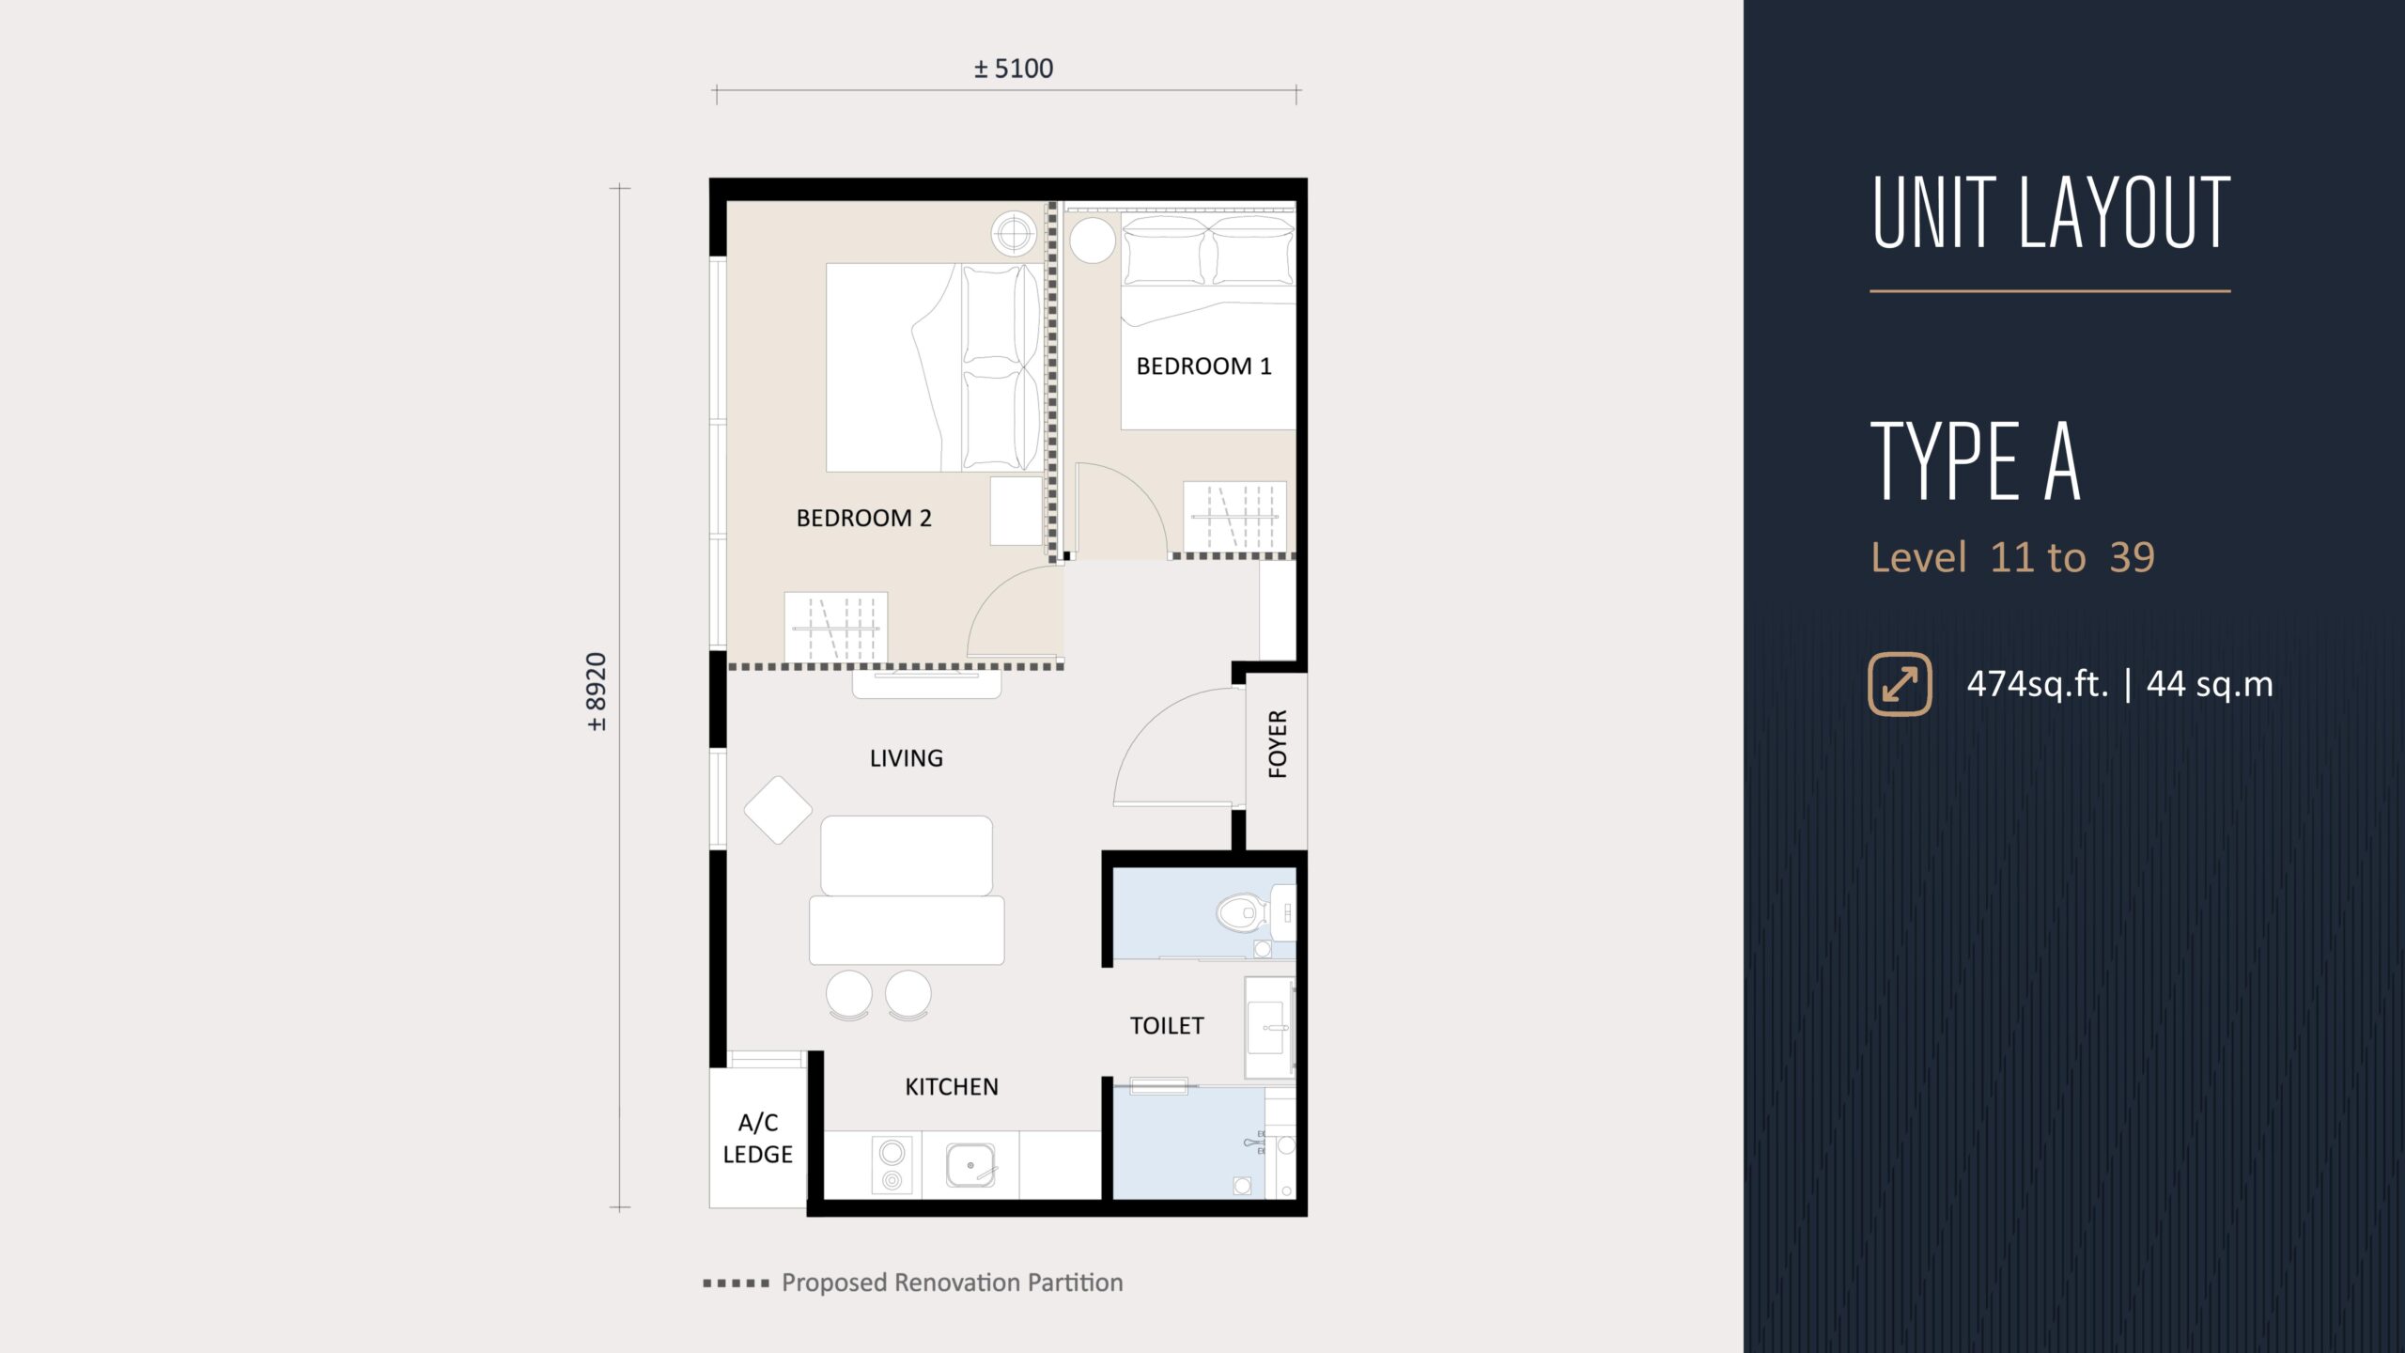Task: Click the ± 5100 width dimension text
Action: click(1014, 69)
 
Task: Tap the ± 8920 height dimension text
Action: click(597, 692)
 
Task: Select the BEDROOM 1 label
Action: click(1203, 366)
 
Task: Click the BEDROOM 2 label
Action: click(863, 518)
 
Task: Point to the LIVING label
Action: click(906, 758)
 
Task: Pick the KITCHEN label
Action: click(952, 1087)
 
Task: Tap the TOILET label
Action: click(1167, 1026)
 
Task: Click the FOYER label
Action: click(1278, 744)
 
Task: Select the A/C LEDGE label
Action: click(758, 1138)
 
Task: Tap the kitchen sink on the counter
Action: click(970, 1165)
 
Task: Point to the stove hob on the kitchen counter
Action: click(892, 1165)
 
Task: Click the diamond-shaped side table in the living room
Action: click(778, 810)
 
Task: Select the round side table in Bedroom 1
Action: click(1093, 241)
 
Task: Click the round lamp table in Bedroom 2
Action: click(1015, 231)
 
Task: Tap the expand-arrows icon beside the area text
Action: click(1901, 684)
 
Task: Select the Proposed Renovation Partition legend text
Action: click(953, 1283)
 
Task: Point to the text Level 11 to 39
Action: click(2012, 557)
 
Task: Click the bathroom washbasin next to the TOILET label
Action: click(1269, 1028)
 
